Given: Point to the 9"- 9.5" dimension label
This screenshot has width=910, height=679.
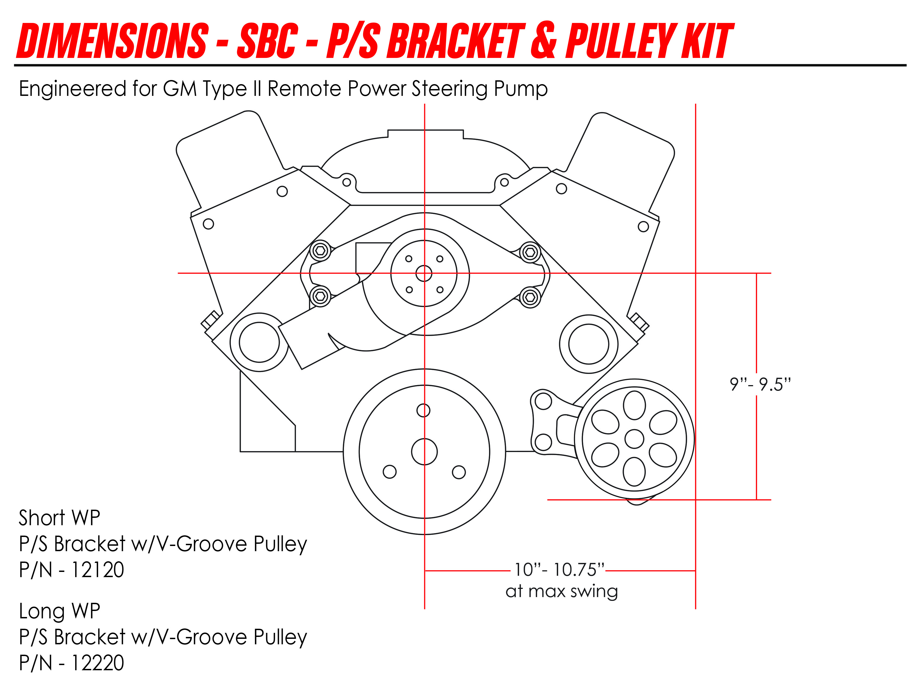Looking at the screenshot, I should (759, 384).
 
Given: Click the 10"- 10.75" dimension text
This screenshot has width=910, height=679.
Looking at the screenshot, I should (559, 570).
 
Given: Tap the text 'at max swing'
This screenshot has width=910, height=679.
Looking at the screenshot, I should (561, 591).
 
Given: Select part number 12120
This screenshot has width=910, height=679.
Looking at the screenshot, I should (98, 570).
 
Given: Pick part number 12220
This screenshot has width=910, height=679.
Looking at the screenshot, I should (98, 663).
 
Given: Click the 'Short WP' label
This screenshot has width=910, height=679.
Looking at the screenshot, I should (59, 518).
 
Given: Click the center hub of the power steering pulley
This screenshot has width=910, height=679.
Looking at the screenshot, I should (634, 439).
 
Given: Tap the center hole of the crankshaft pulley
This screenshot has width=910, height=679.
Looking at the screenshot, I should (424, 452).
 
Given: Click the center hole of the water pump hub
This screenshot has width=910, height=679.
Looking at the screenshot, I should (424, 273).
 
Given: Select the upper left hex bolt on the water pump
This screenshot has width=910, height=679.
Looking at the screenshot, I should (320, 250).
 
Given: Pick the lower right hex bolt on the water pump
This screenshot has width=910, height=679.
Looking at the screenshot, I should (530, 297).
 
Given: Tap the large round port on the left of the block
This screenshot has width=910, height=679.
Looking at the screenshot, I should (259, 342).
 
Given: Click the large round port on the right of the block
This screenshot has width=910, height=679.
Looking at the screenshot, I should (588, 344).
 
